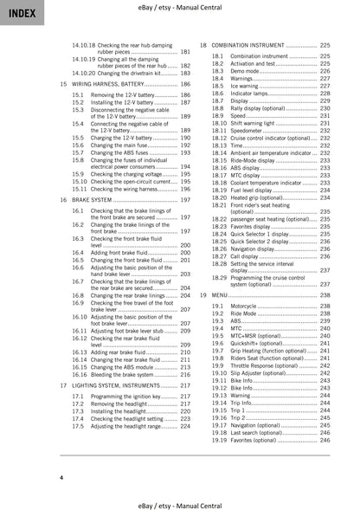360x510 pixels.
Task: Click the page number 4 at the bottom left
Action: coord(61,477)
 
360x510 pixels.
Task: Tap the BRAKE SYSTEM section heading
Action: coord(96,199)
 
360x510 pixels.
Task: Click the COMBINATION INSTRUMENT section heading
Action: coord(252,43)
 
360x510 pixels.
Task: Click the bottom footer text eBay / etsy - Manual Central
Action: coord(181,502)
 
